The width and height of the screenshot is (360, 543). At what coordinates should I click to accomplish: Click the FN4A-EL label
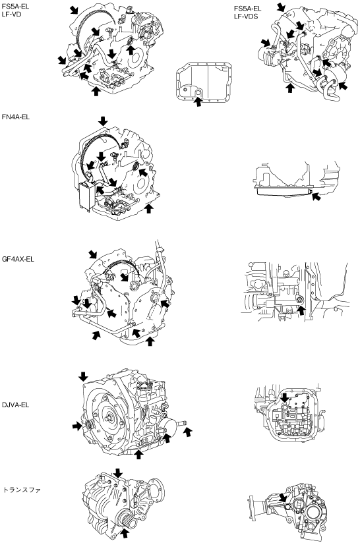coord(16,117)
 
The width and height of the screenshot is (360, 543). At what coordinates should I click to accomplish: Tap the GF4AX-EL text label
coord(18,259)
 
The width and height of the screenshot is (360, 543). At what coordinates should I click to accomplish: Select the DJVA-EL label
coord(16,405)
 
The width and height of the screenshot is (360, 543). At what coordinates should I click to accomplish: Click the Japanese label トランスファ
coord(22,490)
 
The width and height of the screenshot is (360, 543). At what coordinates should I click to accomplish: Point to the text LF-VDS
coord(246,16)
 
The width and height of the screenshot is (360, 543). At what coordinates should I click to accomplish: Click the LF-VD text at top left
coord(11,14)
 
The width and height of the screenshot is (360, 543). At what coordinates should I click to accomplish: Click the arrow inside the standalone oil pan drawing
coord(198,101)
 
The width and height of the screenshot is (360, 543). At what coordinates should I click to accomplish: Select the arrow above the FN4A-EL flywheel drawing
coord(103,121)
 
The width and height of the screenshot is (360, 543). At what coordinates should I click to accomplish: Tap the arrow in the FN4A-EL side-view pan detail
coord(316,197)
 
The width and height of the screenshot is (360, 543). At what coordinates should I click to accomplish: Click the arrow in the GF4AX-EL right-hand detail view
coord(302,310)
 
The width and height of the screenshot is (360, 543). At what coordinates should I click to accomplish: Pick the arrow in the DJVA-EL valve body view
coord(284,397)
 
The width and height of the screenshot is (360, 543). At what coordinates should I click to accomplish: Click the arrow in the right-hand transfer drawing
coord(283,498)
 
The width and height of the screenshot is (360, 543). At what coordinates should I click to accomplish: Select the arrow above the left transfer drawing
coord(118,472)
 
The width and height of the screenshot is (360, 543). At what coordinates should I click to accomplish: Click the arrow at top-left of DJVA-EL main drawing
coord(83,377)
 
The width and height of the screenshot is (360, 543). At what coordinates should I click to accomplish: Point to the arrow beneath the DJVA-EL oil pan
coord(138,454)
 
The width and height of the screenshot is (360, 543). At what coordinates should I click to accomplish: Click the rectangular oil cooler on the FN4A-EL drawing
coord(85,196)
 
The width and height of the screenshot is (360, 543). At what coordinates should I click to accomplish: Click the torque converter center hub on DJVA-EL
coord(110,418)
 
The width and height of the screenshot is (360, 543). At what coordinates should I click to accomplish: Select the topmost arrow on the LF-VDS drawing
coord(282,7)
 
